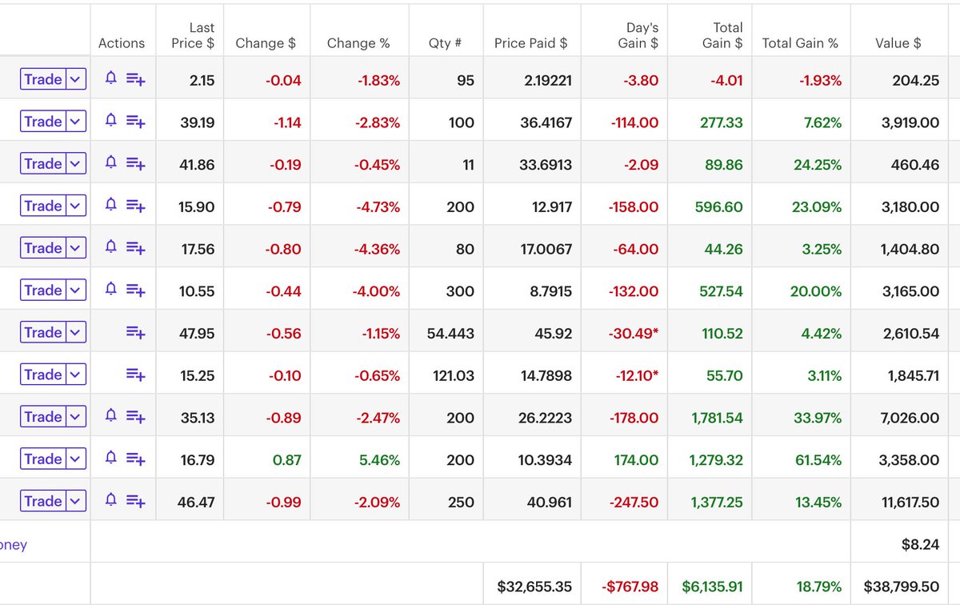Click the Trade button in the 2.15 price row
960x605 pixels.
[42, 79]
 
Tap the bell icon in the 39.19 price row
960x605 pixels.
[111, 121]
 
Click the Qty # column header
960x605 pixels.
[445, 43]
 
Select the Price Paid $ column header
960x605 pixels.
[530, 43]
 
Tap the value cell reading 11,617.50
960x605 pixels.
[910, 502]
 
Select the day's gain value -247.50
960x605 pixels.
[633, 502]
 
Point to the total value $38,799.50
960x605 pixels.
[901, 587]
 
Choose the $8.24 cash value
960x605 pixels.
[920, 544]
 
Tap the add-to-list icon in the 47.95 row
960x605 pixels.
[136, 333]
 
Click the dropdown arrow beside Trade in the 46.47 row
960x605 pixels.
[75, 502]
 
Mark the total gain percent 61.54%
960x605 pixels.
[816, 459]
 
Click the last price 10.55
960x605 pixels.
[197, 290]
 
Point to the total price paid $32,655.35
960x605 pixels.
[534, 587]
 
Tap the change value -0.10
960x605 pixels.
[285, 375]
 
